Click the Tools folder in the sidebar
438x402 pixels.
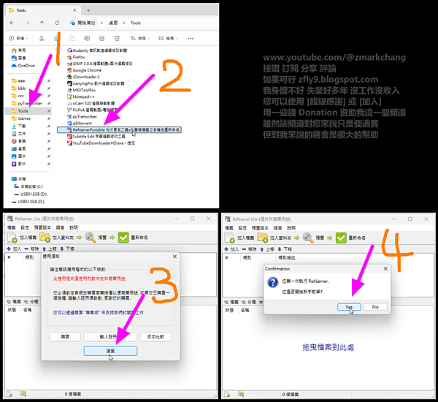click(29, 111)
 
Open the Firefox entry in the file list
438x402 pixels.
click(80, 56)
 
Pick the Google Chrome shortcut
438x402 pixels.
click(87, 69)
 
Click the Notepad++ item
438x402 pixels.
click(83, 96)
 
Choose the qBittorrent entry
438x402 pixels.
click(82, 123)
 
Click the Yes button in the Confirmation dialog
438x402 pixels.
click(349, 307)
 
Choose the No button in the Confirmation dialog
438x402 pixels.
click(375, 307)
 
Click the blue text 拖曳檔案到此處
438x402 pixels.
click(326, 346)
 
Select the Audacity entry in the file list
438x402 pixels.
click(104, 50)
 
